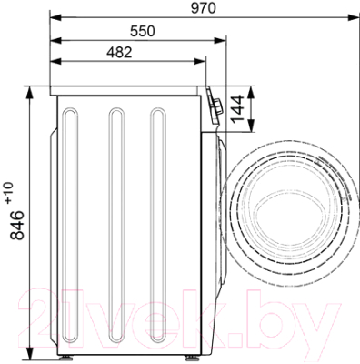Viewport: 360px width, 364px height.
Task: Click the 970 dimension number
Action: coord(204,8)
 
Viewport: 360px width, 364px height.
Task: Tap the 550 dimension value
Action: coord(143,31)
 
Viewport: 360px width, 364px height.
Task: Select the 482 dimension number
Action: coord(119,52)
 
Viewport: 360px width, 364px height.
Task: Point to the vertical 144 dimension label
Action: coord(237,109)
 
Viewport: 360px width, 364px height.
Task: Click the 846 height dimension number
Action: coord(17,225)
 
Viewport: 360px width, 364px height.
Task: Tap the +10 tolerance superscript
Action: coord(9,192)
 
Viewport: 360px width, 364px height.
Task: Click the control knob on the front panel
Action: coord(217,106)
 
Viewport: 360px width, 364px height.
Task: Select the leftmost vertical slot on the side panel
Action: coord(70,225)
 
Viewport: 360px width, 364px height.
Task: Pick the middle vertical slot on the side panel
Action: coord(116,225)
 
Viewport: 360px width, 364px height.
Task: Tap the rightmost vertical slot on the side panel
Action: coord(158,225)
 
